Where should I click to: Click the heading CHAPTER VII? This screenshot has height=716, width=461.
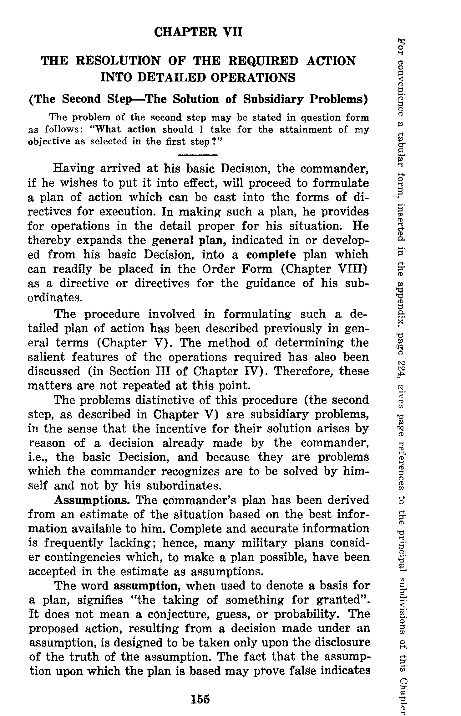[x=198, y=32]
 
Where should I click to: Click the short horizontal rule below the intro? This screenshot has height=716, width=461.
[x=198, y=155]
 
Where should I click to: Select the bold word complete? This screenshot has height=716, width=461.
[x=271, y=255]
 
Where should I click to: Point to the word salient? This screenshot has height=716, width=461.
[x=46, y=357]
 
